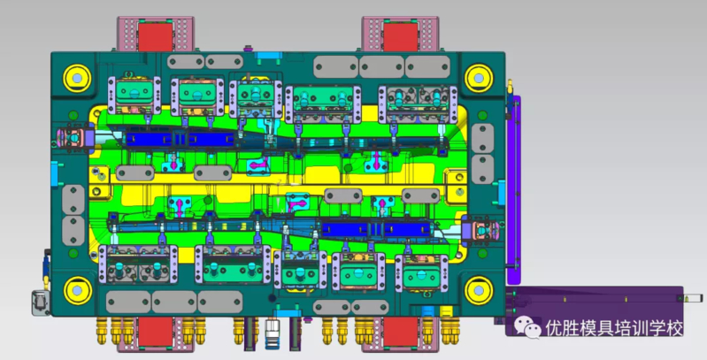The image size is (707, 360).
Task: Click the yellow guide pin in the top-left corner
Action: (x=77, y=79)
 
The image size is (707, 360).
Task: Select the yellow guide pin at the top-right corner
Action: (x=479, y=79)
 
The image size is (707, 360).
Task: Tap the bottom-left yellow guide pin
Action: (x=77, y=291)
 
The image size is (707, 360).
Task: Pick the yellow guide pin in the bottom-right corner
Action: (x=479, y=291)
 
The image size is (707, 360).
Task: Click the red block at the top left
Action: (x=155, y=37)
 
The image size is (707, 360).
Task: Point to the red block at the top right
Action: (x=400, y=37)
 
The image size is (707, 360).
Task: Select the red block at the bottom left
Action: (x=155, y=331)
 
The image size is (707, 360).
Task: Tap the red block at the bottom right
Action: (x=400, y=331)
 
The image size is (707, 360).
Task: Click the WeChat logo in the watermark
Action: (x=527, y=326)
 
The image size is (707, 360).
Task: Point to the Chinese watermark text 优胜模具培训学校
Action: (x=614, y=328)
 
